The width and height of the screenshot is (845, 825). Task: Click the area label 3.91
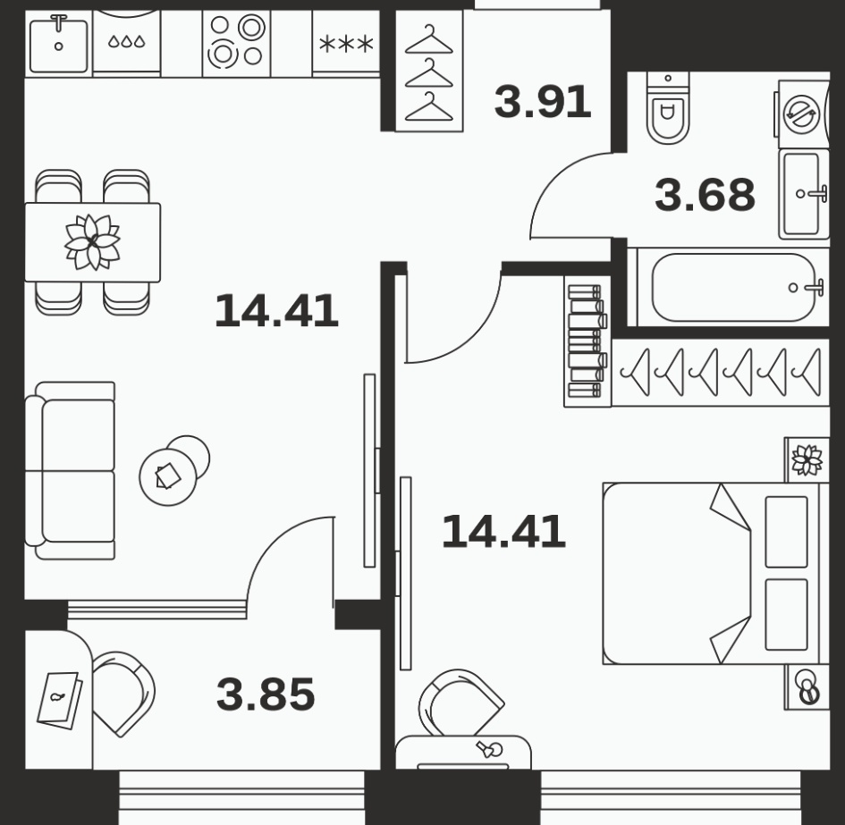pyautogui.click(x=543, y=102)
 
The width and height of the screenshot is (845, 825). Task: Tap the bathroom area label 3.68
pyautogui.click(x=705, y=195)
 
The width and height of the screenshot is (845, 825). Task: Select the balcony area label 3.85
pyautogui.click(x=266, y=695)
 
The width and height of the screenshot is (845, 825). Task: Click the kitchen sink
pyautogui.click(x=58, y=46)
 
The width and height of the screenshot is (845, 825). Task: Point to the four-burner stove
pyautogui.click(x=237, y=43)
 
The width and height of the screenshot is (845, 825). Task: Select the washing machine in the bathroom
pyautogui.click(x=802, y=114)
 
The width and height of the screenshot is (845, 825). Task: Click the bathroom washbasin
pyautogui.click(x=804, y=194)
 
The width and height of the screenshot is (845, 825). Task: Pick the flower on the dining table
pyautogui.click(x=93, y=241)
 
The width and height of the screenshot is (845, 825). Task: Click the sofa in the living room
pyautogui.click(x=70, y=470)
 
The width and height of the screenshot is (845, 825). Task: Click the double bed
pyautogui.click(x=715, y=573)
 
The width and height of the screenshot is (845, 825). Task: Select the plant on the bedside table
pyautogui.click(x=807, y=460)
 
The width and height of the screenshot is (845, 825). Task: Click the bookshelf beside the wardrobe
pyautogui.click(x=587, y=341)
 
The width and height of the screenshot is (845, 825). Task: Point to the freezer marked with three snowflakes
pyautogui.click(x=346, y=44)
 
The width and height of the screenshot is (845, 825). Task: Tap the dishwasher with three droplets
pyautogui.click(x=127, y=42)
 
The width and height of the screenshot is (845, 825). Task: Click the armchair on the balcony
pyautogui.click(x=124, y=694)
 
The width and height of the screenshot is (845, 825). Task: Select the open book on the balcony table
pyautogui.click(x=59, y=700)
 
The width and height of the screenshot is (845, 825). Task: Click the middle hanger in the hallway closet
pyautogui.click(x=429, y=73)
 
